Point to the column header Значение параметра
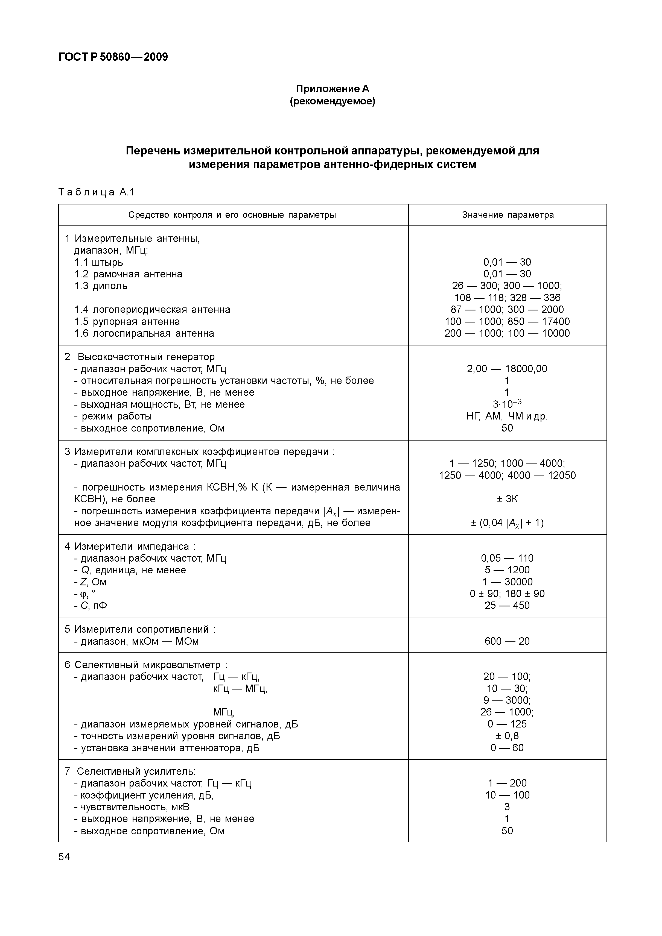pos(508,215)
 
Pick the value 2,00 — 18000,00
pos(507,369)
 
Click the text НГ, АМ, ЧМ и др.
pos(507,416)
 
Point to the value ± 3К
pos(507,499)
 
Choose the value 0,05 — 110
pos(507,558)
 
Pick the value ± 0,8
pos(507,736)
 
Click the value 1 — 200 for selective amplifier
pos(507,783)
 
